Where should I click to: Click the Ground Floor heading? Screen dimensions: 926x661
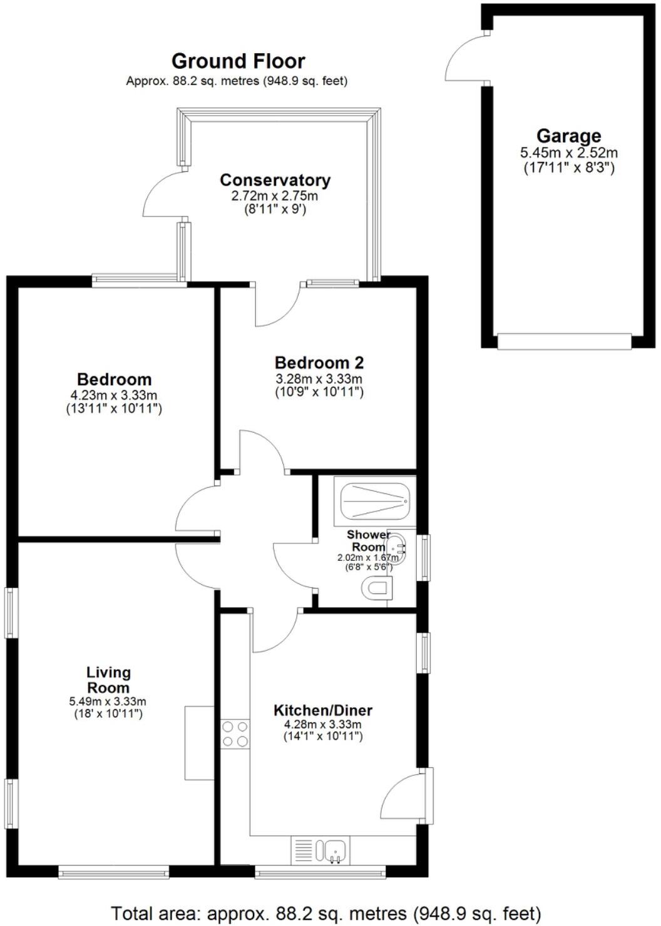pyautogui.click(x=238, y=61)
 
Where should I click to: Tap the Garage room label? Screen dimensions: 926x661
pyautogui.click(x=568, y=136)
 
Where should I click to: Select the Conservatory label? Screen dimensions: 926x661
pyautogui.click(x=275, y=180)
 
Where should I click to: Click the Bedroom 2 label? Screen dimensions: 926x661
pyautogui.click(x=319, y=363)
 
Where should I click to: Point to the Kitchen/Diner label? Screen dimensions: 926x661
pyautogui.click(x=323, y=710)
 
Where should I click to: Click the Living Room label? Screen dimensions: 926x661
pyautogui.click(x=108, y=680)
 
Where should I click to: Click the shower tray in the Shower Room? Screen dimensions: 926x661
pyautogui.click(x=374, y=501)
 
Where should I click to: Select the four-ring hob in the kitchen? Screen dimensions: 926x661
pyautogui.click(x=235, y=734)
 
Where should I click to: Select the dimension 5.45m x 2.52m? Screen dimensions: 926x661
pyautogui.click(x=568, y=153)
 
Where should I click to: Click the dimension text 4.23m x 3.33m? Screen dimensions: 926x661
pyautogui.click(x=114, y=395)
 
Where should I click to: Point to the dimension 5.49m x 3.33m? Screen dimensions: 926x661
pyautogui.click(x=108, y=702)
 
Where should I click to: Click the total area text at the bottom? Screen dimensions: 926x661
pyautogui.click(x=325, y=913)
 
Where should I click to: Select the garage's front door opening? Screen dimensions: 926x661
pyautogui.click(x=563, y=341)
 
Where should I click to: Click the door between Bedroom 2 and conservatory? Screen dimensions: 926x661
pyautogui.click(x=275, y=304)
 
